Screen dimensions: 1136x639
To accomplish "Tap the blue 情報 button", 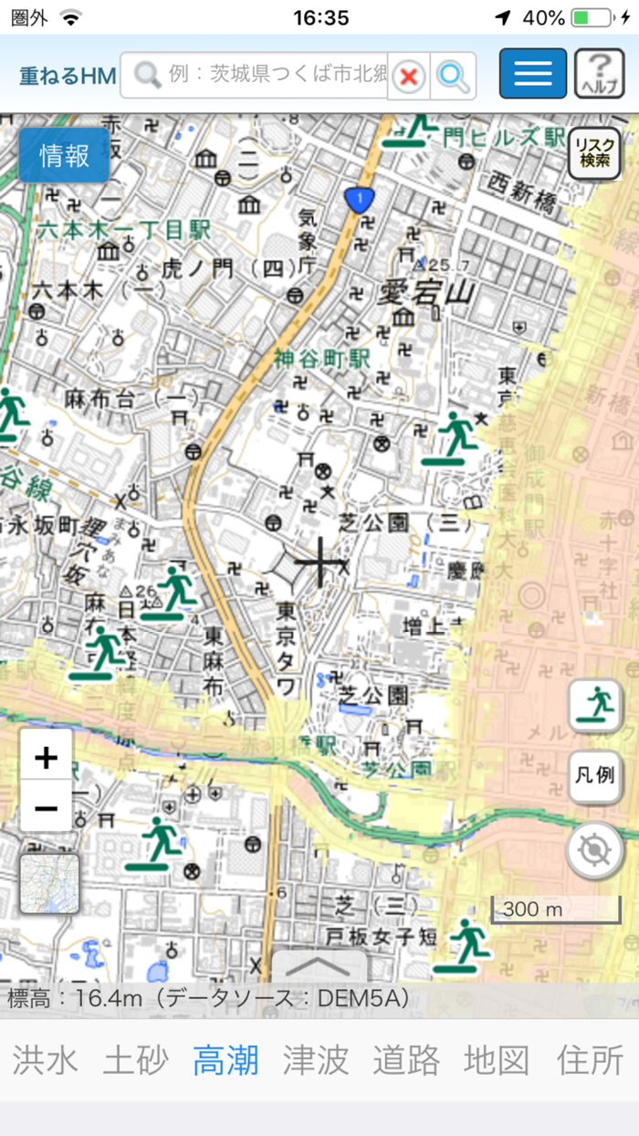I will click(x=64, y=155).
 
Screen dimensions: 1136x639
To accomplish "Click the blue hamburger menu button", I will click(x=533, y=74).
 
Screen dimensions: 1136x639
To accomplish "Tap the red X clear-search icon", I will click(x=409, y=76).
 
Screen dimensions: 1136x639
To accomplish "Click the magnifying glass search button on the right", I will click(x=453, y=76).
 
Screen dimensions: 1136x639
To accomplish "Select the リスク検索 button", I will click(x=594, y=153).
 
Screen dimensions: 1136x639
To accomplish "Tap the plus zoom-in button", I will click(x=46, y=756).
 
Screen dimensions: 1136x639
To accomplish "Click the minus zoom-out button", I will click(x=46, y=807).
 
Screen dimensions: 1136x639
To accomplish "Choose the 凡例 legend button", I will click(x=594, y=776).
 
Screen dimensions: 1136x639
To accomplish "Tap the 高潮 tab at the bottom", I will click(x=225, y=1060).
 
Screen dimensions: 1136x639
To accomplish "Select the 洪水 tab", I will click(x=45, y=1060).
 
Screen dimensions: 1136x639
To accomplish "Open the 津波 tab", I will click(x=316, y=1060).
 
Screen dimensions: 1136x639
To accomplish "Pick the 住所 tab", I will click(x=590, y=1060).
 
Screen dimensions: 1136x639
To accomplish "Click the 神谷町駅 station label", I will click(x=323, y=359).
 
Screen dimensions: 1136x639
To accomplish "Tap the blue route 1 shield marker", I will click(x=360, y=198).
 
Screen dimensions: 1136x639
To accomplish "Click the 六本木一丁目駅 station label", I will click(x=124, y=230).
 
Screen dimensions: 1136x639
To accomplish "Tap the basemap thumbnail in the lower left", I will click(x=49, y=884).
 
